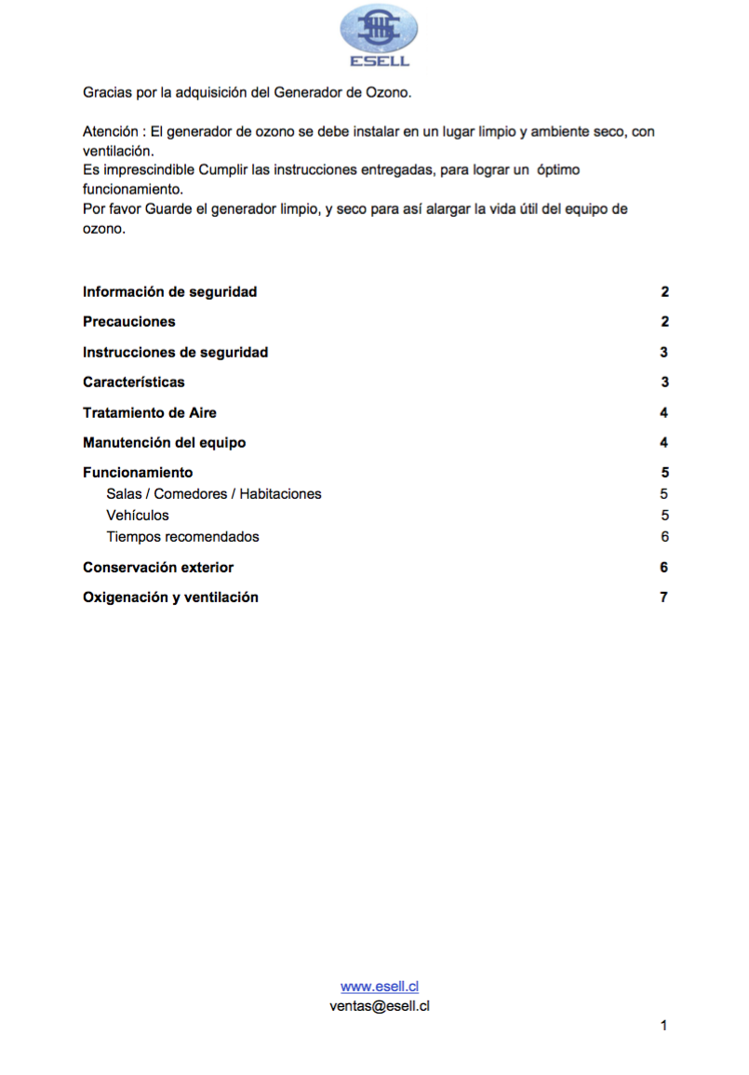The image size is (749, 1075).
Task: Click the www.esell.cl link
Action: coord(379,987)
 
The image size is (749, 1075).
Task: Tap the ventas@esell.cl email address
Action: coord(379,1005)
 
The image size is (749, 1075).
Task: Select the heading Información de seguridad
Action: coord(169,292)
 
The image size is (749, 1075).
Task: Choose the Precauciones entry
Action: coord(128,322)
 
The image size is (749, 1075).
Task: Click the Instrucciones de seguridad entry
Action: coord(175,353)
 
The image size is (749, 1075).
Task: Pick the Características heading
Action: coord(133,383)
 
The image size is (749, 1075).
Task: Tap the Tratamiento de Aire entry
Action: coord(149,413)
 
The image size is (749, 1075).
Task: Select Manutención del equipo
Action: coord(164,443)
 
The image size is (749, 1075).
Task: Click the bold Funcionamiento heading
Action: coord(138,473)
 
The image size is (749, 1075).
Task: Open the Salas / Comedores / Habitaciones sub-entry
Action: coord(214,494)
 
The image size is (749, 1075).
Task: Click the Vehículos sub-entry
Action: coord(138,516)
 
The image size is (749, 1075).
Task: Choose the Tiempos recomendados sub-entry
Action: coord(182,537)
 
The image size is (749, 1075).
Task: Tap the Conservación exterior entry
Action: coord(158,568)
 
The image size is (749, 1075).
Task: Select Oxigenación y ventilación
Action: coord(170,598)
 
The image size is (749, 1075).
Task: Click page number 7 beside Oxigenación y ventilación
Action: coord(663,598)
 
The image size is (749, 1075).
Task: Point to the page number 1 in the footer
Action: coord(663,1026)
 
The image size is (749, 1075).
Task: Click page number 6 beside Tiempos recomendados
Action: coord(663,537)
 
